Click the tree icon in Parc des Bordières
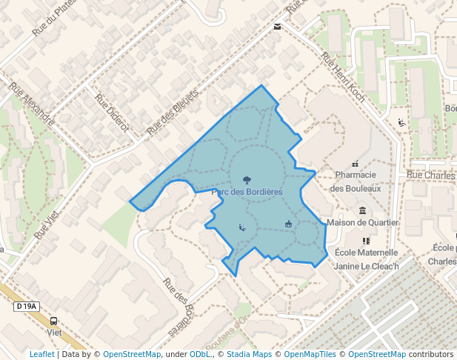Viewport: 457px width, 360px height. click(247, 179)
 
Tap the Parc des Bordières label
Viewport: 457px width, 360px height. click(247, 192)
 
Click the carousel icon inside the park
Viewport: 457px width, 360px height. click(288, 224)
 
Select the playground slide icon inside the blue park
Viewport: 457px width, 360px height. click(241, 227)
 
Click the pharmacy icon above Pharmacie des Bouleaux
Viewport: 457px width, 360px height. click(356, 163)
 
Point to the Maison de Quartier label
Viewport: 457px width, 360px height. click(363, 222)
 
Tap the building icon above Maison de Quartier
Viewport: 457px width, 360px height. click(362, 210)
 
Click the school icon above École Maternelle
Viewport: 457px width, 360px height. click(366, 241)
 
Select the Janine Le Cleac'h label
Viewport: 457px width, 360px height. click(367, 266)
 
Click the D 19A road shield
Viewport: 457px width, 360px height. click(26, 306)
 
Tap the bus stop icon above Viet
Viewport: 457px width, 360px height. click(53, 321)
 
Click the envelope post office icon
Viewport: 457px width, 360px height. click(277, 27)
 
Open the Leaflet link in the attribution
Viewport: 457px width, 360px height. click(41, 354)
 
